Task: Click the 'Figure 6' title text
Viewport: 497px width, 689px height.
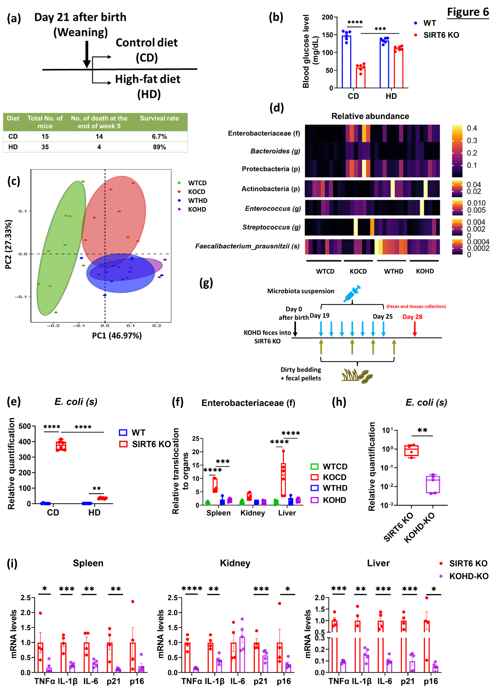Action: click(468, 12)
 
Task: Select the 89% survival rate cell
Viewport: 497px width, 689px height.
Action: click(159, 147)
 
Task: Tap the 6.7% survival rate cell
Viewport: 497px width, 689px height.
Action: click(159, 136)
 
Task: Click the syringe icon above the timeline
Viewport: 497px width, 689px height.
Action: click(352, 294)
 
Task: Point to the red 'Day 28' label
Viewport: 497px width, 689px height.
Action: click(412, 317)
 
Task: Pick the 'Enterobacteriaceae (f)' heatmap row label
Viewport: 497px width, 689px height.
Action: click(264, 133)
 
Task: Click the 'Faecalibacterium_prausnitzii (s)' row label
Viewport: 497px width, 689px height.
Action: click(248, 246)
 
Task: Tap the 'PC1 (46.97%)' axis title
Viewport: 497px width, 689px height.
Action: click(117, 336)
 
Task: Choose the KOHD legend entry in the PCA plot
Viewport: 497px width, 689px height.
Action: click(197, 209)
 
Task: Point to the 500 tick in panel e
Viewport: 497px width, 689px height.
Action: click(25, 426)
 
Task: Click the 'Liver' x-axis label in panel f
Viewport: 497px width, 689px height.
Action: click(287, 513)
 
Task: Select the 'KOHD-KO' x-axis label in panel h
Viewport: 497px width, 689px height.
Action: click(419, 528)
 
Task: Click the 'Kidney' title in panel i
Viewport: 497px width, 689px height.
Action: click(235, 563)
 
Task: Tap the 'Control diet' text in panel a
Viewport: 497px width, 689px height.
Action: click(147, 43)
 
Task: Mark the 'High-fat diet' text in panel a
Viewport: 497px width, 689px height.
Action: click(147, 79)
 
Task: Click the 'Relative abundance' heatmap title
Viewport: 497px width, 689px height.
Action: click(370, 116)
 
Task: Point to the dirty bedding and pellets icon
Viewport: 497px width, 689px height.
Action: click(357, 376)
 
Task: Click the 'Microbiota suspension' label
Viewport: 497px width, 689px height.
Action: click(301, 291)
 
